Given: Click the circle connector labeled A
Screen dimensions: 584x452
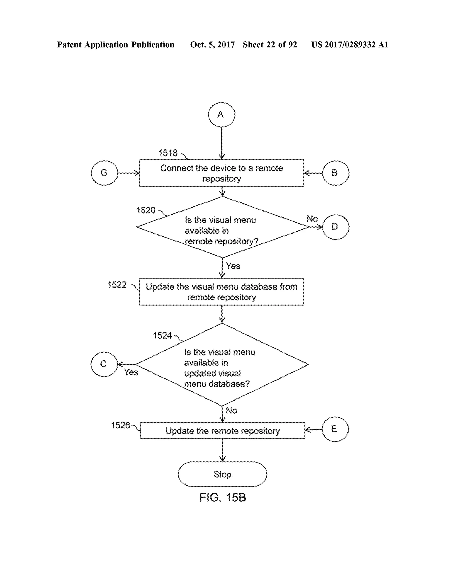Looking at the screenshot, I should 221,114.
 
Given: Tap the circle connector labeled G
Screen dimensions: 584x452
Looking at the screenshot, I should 104,173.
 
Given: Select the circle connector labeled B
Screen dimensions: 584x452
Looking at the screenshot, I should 335,173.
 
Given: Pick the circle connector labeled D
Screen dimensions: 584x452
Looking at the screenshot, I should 335,227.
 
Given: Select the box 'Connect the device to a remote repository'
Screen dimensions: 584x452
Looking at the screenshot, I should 221,173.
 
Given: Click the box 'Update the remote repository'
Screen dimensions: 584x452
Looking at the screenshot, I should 222,431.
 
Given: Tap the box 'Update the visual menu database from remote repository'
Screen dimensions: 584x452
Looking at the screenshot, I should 221,292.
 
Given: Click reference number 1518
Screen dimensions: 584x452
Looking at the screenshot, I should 168,153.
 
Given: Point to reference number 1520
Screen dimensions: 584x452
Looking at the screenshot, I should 146,210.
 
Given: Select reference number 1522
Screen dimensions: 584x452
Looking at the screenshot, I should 117,285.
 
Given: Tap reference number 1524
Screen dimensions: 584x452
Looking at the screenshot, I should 162,335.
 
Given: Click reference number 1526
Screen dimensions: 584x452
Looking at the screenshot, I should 121,425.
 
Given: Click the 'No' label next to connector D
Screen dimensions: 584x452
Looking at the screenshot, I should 312,219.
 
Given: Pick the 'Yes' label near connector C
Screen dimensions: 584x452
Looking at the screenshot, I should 131,372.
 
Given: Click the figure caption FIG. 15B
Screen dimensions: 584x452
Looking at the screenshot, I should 222,497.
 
